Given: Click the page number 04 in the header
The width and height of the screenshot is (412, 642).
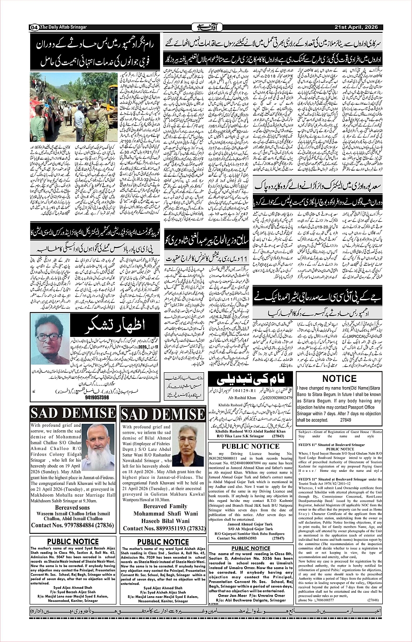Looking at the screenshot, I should [34, 27].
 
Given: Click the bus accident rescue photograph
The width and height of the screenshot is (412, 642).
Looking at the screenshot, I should [74, 107].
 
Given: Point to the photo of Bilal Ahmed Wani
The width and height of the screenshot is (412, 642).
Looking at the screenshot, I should [188, 446].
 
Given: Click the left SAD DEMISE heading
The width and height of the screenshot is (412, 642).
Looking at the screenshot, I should [73, 413].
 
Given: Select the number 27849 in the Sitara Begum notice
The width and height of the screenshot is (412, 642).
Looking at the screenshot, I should [345, 420].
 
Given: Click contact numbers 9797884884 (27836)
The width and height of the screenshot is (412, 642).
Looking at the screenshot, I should [72, 525].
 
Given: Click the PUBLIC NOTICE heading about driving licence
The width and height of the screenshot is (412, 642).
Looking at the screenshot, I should [250, 446].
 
